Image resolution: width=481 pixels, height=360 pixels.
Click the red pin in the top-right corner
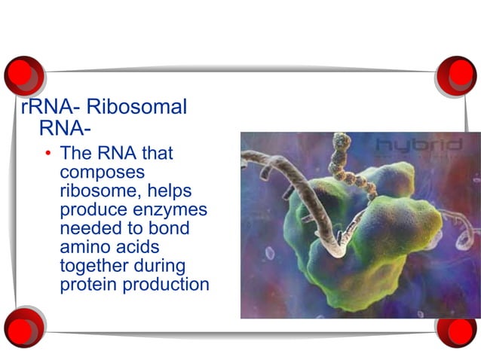pos(457,75)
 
